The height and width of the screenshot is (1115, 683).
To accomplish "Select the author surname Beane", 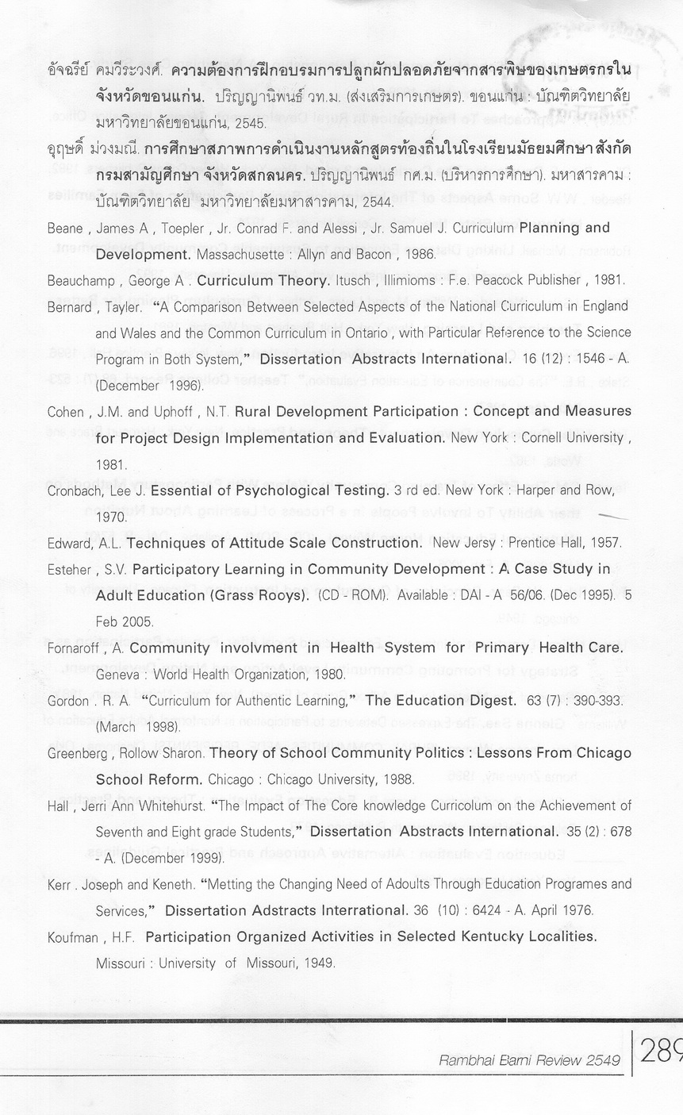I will coord(65,229).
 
